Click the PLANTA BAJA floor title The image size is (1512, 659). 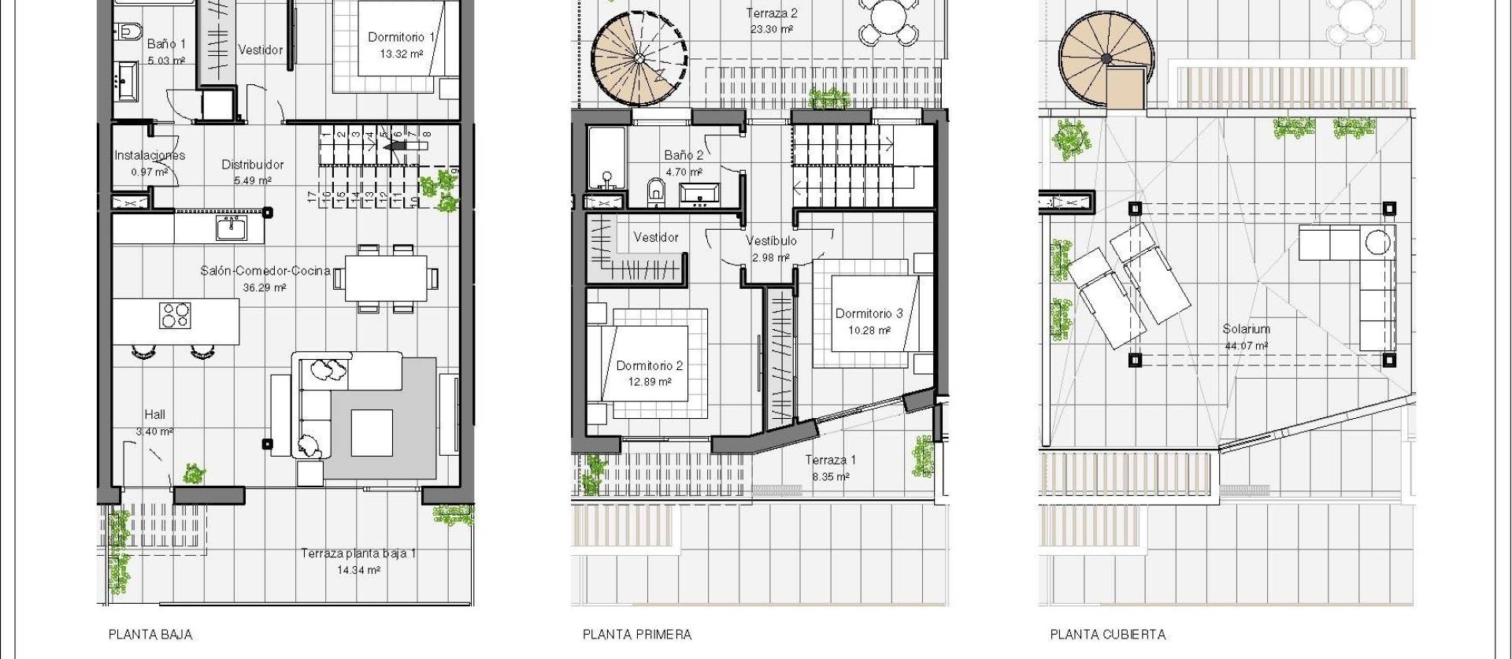click(150, 635)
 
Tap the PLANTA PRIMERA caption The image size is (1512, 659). click(637, 635)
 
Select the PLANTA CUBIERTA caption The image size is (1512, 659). click(1108, 635)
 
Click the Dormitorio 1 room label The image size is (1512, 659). click(401, 37)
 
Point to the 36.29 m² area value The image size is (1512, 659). click(265, 288)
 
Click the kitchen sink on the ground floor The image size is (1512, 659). click(232, 228)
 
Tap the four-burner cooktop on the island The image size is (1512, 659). click(176, 315)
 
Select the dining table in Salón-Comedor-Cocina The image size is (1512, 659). click(386, 278)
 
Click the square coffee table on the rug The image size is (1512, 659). click(372, 432)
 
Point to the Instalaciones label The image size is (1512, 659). click(150, 155)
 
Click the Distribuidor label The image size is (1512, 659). click(252, 165)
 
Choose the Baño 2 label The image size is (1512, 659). click(684, 155)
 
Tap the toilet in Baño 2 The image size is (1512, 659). click(655, 191)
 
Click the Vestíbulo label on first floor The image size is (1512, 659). click(771, 241)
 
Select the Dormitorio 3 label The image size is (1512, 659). click(869, 313)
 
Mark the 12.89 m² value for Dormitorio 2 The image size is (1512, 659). click(650, 382)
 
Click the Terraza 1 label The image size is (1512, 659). click(830, 460)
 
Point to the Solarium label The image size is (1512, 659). click(1246, 329)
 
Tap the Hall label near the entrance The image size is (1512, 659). click(154, 414)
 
